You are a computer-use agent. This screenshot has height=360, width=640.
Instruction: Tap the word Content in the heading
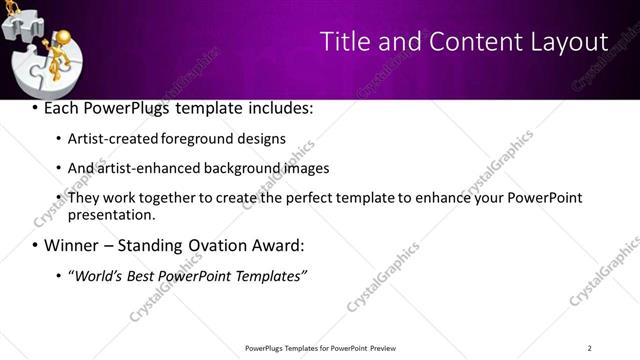click(x=474, y=42)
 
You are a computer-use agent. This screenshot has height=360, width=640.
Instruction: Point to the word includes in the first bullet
click(x=282, y=107)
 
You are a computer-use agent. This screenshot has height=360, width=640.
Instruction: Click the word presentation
click(x=111, y=214)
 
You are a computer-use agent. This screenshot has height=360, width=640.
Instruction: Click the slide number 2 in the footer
click(x=589, y=348)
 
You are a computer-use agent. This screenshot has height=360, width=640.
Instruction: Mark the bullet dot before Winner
click(x=35, y=246)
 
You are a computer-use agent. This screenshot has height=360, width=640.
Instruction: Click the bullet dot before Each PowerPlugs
click(x=35, y=108)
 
